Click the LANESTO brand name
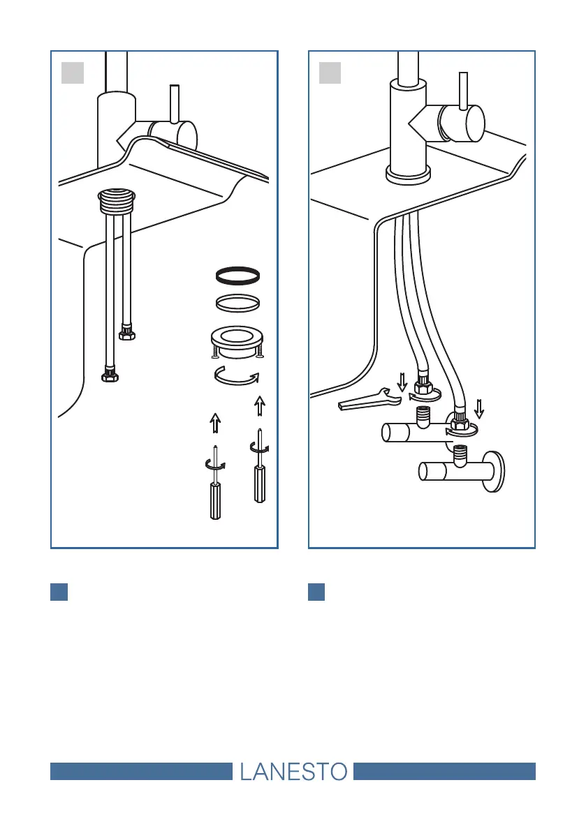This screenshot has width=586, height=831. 293,771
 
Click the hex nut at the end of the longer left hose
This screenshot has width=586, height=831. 110,376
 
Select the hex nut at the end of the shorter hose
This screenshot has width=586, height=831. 127,334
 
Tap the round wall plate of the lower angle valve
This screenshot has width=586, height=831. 497,472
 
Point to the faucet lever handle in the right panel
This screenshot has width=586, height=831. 463,91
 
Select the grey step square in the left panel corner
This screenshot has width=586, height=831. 73,73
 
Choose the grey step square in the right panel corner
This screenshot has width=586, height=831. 330,73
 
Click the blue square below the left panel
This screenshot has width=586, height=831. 59,592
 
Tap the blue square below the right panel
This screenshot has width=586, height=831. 316,592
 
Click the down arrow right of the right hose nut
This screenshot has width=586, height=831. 478,406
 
